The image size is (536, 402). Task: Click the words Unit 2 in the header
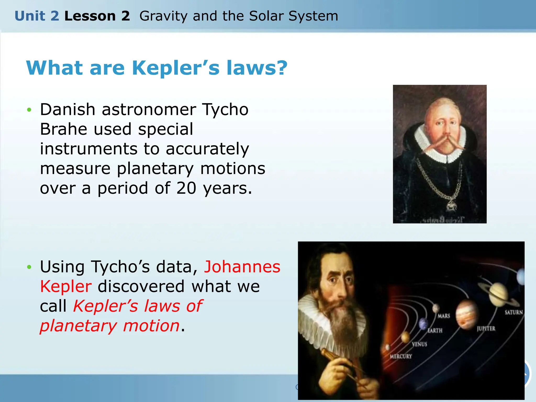tap(37, 16)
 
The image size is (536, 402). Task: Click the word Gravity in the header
tap(163, 16)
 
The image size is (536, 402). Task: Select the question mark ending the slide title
tap(281, 68)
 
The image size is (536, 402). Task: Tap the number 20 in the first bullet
tap(186, 188)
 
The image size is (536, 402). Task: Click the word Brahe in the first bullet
tap(63, 129)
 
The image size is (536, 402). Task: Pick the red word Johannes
tap(242, 267)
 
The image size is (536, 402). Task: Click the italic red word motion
tap(151, 326)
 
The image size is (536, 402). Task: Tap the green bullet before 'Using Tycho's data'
tap(29, 267)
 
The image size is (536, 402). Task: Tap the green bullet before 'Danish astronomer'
tap(29, 110)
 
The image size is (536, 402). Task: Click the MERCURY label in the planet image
tap(401, 356)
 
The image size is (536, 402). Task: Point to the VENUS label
tap(419, 344)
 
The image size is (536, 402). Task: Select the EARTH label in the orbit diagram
tap(435, 331)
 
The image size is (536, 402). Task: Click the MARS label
tap(444, 316)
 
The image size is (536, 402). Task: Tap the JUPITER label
tap(486, 329)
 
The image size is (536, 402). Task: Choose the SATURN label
tap(513, 312)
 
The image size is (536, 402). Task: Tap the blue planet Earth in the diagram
tap(423, 323)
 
